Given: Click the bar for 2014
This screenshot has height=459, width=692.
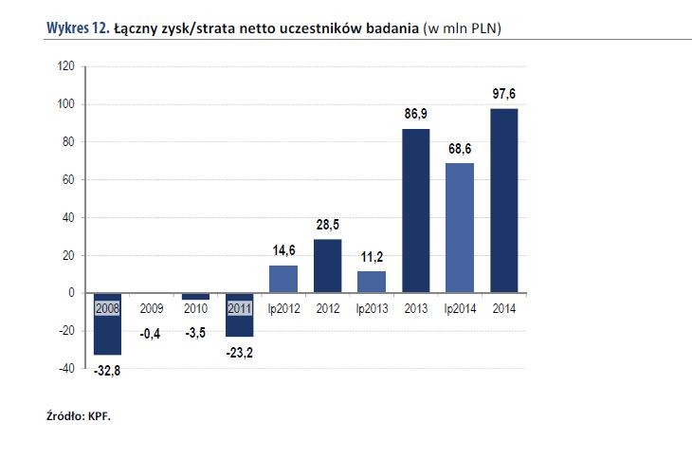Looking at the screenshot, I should pyautogui.click(x=503, y=200).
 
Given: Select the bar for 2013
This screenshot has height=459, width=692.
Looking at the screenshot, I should pyautogui.click(x=415, y=210).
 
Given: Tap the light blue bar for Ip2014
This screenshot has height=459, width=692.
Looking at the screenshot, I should pyautogui.click(x=460, y=228).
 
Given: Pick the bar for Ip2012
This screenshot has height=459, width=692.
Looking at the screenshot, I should pyautogui.click(x=283, y=279).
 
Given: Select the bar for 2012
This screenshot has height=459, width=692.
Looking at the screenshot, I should pyautogui.click(x=327, y=266).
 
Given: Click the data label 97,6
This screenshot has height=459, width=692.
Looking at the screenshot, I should pyautogui.click(x=503, y=95).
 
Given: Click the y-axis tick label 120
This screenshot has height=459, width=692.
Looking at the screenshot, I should pyautogui.click(x=65, y=66).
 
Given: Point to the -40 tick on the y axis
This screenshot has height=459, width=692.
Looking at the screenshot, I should pyautogui.click(x=65, y=369).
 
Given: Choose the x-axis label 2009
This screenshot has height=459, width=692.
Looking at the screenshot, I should pyautogui.click(x=152, y=309).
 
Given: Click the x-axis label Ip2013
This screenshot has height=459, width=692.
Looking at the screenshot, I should pyautogui.click(x=372, y=309).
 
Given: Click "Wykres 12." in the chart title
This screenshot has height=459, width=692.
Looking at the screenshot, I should pyautogui.click(x=77, y=28).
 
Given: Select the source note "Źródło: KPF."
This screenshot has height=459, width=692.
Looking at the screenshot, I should pyautogui.click(x=79, y=415).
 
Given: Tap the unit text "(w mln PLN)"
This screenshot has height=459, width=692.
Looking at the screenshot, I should pyautogui.click(x=462, y=28).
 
